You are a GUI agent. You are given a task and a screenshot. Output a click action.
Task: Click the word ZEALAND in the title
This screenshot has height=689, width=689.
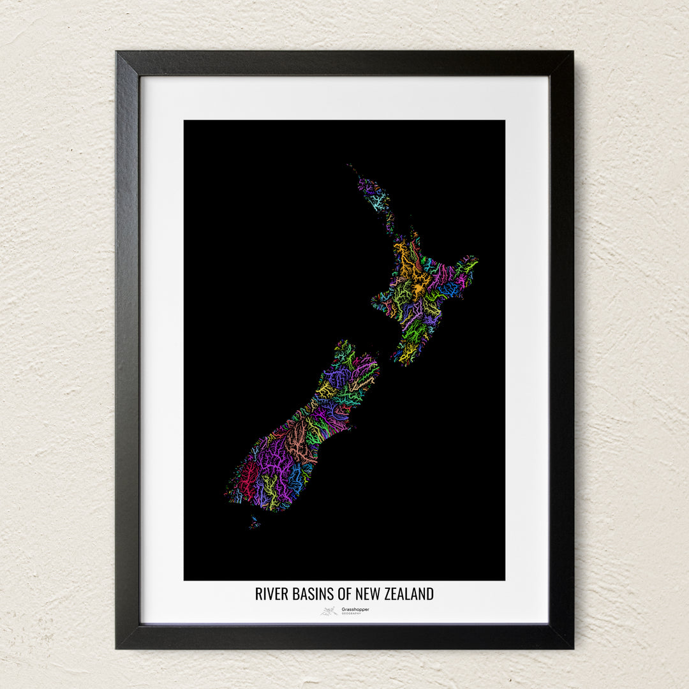[409, 594]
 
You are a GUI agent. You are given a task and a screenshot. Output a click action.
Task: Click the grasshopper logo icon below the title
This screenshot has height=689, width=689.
[329, 611]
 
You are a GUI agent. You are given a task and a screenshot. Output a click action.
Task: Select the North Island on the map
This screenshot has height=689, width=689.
[418, 287]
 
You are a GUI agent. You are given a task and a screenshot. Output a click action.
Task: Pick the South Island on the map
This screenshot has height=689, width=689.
[300, 434]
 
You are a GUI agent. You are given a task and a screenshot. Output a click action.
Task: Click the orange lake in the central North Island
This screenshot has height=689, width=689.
[418, 290]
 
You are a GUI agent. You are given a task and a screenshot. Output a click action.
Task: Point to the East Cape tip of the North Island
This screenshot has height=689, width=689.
[476, 260]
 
